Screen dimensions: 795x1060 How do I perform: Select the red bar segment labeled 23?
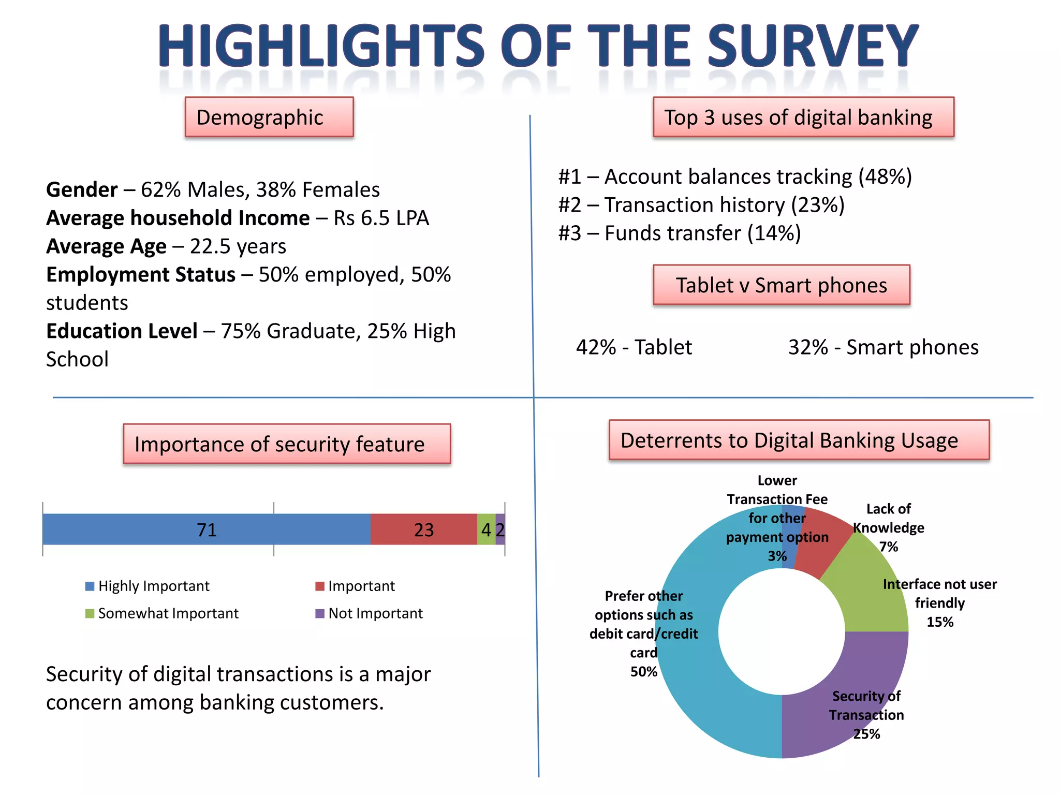pos(423,529)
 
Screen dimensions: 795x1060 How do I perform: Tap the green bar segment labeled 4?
pos(486,529)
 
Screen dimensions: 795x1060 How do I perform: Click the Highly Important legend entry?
pos(148,586)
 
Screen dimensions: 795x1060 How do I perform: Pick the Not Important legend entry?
pos(369,613)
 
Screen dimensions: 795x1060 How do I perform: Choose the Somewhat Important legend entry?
pos(162,613)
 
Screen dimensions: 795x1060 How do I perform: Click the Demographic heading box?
pos(269,117)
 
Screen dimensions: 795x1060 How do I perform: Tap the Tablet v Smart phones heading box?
pos(781,285)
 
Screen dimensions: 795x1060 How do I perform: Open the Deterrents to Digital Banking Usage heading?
pos(799,440)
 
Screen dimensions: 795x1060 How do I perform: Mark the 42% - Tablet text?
pos(634,347)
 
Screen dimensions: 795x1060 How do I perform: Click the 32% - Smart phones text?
pos(883,347)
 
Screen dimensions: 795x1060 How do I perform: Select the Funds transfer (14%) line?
pos(680,233)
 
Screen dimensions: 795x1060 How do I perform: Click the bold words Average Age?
pos(106,246)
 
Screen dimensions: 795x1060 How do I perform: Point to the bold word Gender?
pos(82,190)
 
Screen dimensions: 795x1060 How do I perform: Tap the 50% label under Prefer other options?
pos(643,672)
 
